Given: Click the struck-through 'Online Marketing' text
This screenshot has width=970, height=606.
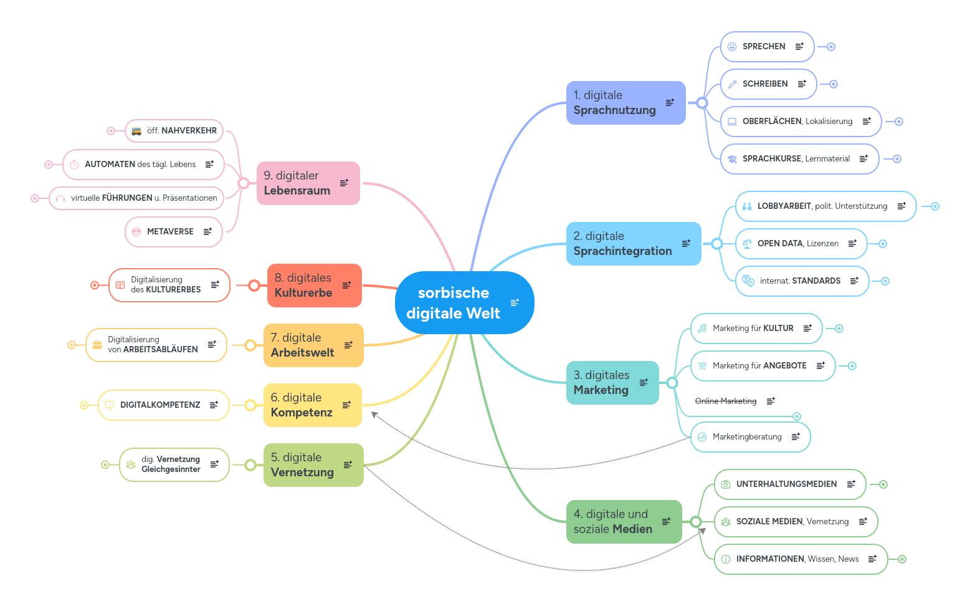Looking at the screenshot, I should pyautogui.click(x=726, y=401).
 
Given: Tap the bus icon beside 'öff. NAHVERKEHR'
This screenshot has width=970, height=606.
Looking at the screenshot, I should pyautogui.click(x=136, y=131).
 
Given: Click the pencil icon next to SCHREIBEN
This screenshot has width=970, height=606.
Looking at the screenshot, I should pyautogui.click(x=733, y=84).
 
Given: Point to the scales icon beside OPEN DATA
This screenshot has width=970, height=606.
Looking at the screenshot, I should pyautogui.click(x=747, y=244).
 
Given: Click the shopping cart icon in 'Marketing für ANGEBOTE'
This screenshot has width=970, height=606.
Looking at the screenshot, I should pyautogui.click(x=702, y=366).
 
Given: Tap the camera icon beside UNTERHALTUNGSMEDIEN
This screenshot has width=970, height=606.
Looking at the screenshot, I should pyautogui.click(x=726, y=484).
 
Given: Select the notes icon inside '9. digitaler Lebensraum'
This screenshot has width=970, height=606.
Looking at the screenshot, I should pyautogui.click(x=344, y=183).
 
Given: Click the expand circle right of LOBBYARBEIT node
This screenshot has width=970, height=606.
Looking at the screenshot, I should pyautogui.click(x=934, y=206).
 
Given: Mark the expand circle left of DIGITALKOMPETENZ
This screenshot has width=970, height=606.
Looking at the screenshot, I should pyautogui.click(x=84, y=405).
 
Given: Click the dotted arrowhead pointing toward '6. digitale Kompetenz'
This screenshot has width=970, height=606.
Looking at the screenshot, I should pyautogui.click(x=374, y=415).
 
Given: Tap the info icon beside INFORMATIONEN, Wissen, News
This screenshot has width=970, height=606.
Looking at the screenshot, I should pyautogui.click(x=726, y=559).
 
